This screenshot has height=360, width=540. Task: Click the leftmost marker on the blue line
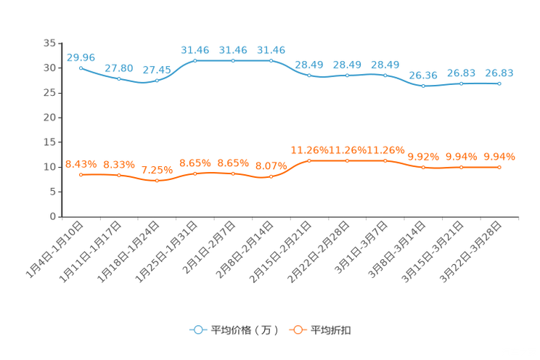click(x=81, y=67)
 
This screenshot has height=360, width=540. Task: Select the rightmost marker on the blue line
click(x=499, y=83)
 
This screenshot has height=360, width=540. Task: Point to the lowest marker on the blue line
click(x=423, y=86)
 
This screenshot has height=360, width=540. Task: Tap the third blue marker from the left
click(x=157, y=80)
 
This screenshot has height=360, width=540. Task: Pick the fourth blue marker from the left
click(x=195, y=61)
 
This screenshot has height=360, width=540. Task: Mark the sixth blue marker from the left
click(x=271, y=61)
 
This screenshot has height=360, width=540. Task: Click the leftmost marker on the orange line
click(x=81, y=174)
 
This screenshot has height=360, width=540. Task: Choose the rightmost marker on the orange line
click(x=499, y=167)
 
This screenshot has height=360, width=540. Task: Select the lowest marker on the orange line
click(x=157, y=181)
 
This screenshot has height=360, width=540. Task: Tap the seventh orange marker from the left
click(x=309, y=160)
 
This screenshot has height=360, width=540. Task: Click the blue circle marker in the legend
click(x=197, y=330)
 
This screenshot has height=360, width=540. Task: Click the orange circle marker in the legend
click(x=296, y=330)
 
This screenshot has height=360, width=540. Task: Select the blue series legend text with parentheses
click(x=245, y=330)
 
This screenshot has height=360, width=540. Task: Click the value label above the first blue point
click(x=81, y=57)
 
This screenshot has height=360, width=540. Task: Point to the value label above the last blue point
click(x=499, y=73)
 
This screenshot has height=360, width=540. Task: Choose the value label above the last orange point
click(x=499, y=156)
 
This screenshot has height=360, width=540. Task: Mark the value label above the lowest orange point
click(x=157, y=170)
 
